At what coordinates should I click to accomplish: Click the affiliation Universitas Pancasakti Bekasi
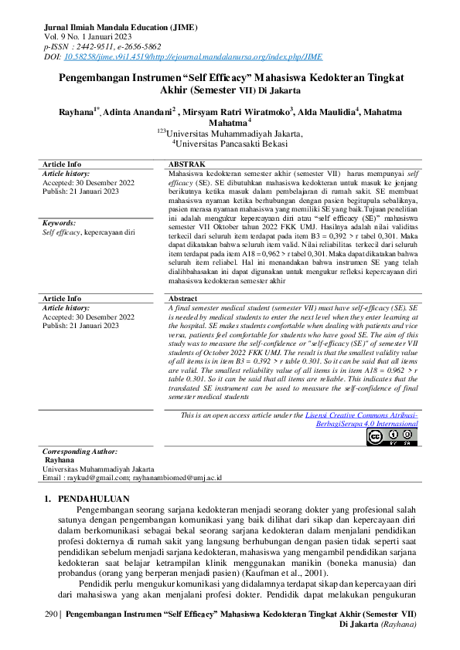point(231,143)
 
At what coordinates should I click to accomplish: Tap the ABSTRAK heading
point(186,164)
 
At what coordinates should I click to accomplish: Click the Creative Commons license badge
point(391,437)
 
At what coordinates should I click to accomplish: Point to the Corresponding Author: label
point(80,451)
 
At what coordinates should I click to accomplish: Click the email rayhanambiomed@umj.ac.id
point(177,478)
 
